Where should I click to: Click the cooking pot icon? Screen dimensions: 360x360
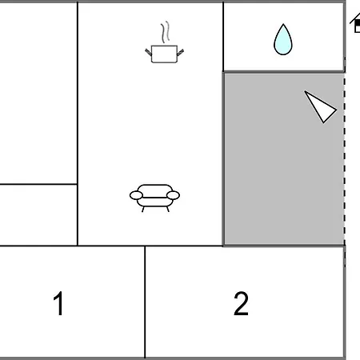coord(164,54)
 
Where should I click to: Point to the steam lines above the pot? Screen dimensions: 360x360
coord(166,32)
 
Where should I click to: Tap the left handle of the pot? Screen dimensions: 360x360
coord(149,52)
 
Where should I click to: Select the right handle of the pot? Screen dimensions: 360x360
coord(180,52)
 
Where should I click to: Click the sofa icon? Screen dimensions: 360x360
coord(154,198)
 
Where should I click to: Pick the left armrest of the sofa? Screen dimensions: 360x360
coord(136,195)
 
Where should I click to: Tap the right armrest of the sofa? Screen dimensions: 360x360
coord(174,195)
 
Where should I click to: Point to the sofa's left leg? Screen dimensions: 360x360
coord(143,210)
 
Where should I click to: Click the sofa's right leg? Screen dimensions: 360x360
coord(168,210)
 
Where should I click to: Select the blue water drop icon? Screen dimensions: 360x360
coord(283,40)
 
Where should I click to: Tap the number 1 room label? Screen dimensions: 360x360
coord(58,303)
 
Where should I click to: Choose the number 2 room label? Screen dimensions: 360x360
coord(241,303)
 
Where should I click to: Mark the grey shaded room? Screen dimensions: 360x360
coord(284,158)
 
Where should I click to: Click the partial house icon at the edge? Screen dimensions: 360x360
coord(355,23)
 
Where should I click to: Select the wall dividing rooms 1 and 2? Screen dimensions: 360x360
coord(145,302)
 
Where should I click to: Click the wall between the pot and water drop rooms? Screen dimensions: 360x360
coord(223,37)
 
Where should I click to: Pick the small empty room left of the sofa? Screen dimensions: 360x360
coord(38,215)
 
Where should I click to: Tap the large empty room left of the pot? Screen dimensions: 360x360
coord(38,93)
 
